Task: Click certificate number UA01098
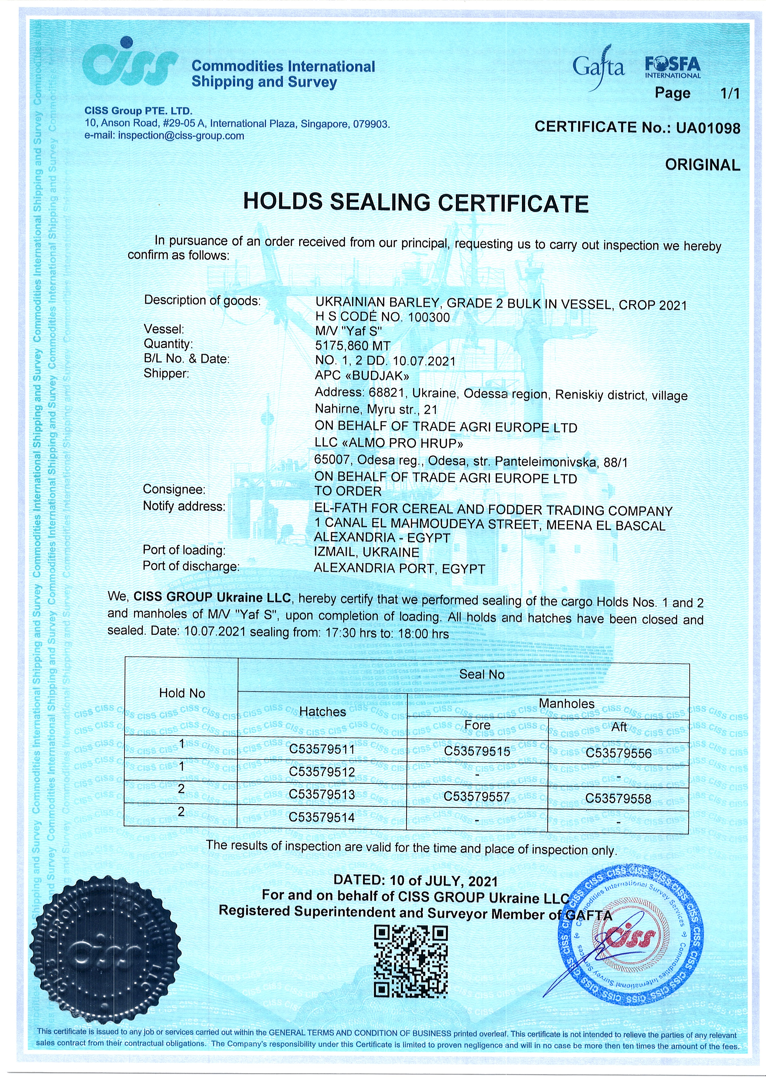click(708, 128)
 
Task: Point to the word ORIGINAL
click(702, 165)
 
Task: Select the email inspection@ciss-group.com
click(181, 136)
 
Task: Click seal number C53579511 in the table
click(322, 749)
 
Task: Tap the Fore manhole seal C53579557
click(476, 797)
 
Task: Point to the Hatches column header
click(322, 712)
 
